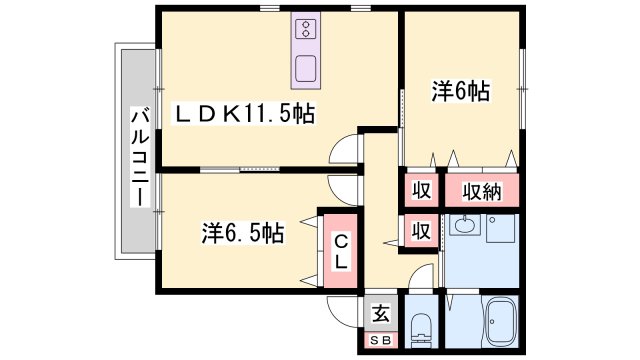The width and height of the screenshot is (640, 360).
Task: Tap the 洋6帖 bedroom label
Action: [460, 92]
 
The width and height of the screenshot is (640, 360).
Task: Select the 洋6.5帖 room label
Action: [242, 234]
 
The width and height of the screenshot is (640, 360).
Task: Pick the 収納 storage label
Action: [481, 190]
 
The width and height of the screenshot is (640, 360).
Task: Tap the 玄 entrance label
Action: [381, 314]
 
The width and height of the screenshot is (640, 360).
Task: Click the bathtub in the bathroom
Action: [497, 326]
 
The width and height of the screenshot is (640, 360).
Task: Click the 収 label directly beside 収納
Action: [421, 190]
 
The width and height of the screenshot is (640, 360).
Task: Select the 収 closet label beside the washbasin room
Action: [421, 231]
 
